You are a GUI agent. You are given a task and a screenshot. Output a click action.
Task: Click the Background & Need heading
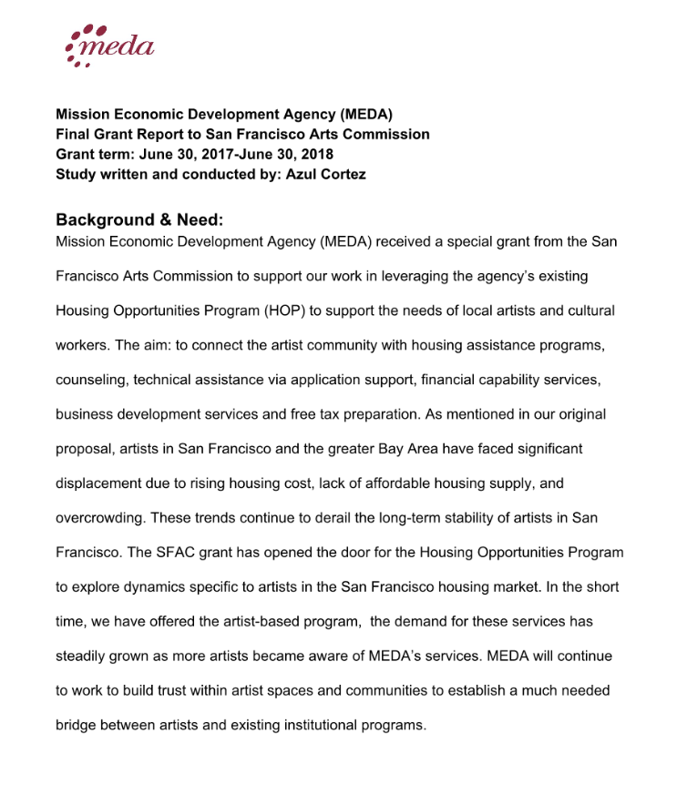coord(139,219)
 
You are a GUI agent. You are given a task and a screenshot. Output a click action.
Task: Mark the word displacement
coord(101,484)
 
